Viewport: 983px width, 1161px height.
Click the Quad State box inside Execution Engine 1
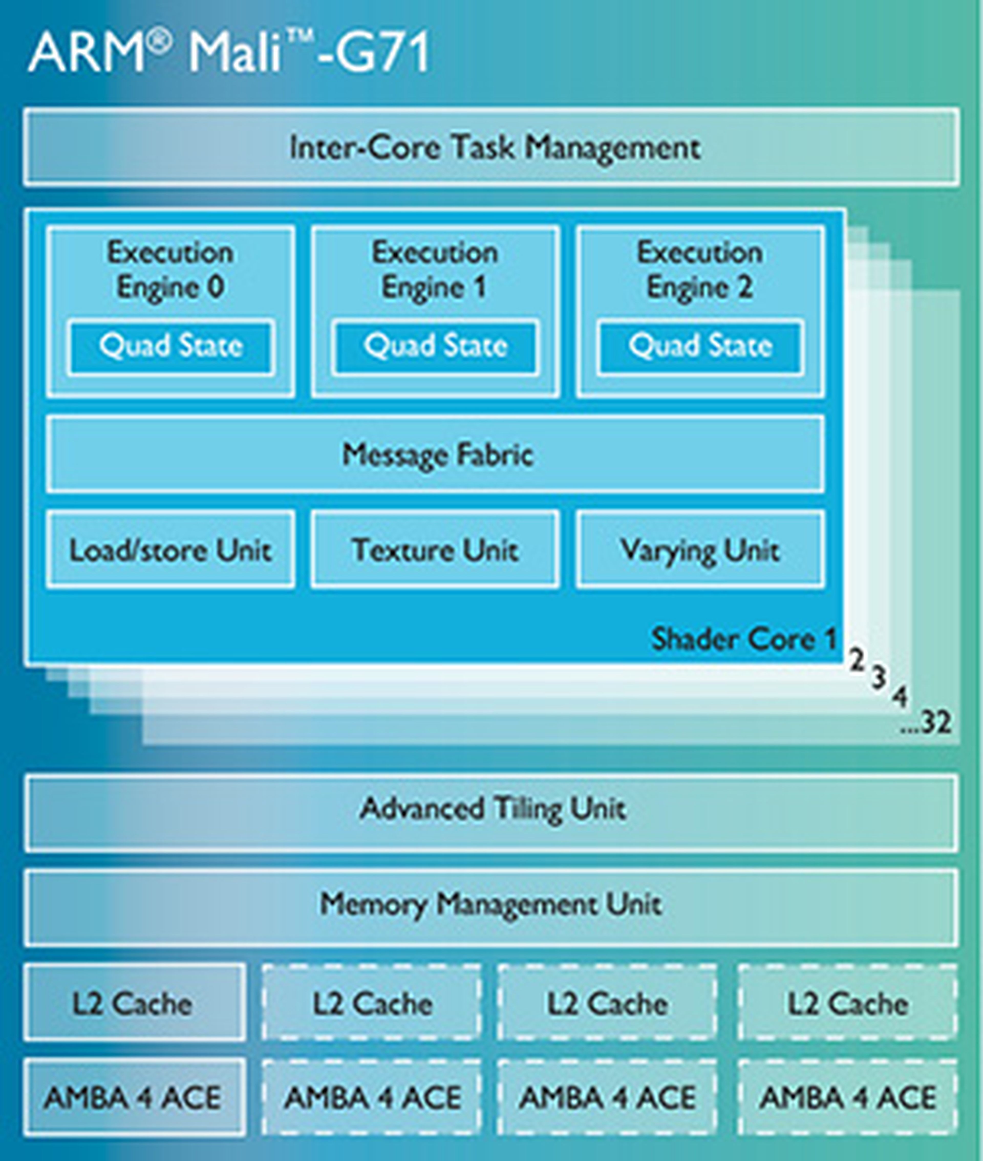(435, 346)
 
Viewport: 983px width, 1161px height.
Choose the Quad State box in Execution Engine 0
(170, 346)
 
